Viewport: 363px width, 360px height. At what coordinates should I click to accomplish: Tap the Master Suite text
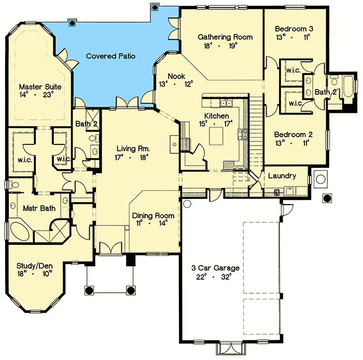[x=40, y=87]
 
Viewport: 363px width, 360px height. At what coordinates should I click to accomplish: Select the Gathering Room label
[x=225, y=37]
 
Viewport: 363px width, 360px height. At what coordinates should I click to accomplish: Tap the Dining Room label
[x=152, y=215]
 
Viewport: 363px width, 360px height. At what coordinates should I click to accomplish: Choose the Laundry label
[x=282, y=176]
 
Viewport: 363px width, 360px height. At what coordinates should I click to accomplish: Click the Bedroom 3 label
[x=294, y=28]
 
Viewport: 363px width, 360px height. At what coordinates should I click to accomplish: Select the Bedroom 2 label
[x=294, y=132]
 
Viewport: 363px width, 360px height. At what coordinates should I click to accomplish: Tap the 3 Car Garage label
[x=215, y=268]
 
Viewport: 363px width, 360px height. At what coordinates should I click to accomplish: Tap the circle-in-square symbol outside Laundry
[x=320, y=179]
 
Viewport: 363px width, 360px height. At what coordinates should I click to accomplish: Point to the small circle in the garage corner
[x=188, y=204]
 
